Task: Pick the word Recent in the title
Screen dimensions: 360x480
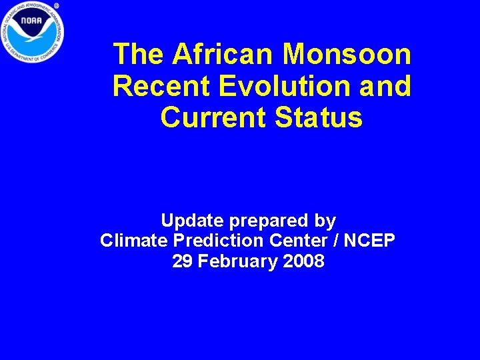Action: point(159,86)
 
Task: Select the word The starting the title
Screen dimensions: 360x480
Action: point(138,54)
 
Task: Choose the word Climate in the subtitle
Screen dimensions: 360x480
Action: point(133,241)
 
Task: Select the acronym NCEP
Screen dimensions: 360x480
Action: point(369,241)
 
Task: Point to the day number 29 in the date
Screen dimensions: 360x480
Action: point(181,261)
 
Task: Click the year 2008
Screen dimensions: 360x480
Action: point(303,261)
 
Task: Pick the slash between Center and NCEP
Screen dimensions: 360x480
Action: point(333,241)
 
